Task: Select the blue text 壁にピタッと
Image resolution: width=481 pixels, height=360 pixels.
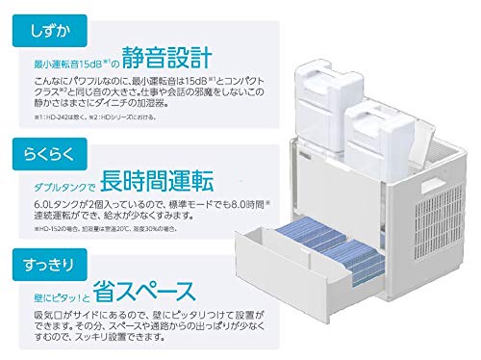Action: coord(60,294)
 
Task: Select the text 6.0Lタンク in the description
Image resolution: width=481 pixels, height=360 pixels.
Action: coord(48,205)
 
